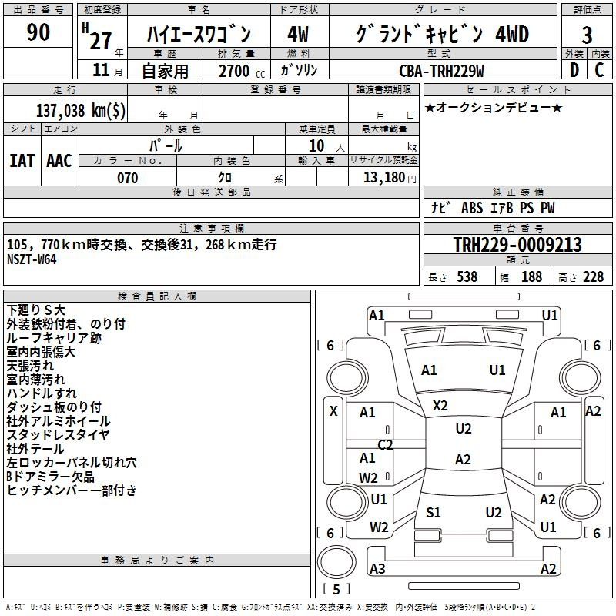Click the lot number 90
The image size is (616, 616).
click(38, 33)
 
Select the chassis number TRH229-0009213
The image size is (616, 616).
click(517, 245)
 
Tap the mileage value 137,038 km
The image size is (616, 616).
click(80, 110)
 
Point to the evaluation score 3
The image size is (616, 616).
click(587, 35)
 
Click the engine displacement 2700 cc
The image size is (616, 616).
click(234, 72)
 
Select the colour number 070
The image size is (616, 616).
click(127, 179)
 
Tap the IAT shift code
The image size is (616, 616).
click(22, 161)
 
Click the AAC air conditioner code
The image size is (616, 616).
click(59, 161)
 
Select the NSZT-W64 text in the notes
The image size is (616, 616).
click(32, 259)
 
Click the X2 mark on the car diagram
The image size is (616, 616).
click(440, 405)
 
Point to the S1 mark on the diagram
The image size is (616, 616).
click(434, 513)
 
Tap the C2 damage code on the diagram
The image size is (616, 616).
click(385, 445)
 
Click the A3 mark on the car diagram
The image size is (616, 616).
click(377, 569)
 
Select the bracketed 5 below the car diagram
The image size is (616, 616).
click(336, 590)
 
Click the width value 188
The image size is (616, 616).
click(531, 277)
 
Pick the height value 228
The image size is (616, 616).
click(593, 277)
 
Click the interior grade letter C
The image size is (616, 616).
click(599, 70)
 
